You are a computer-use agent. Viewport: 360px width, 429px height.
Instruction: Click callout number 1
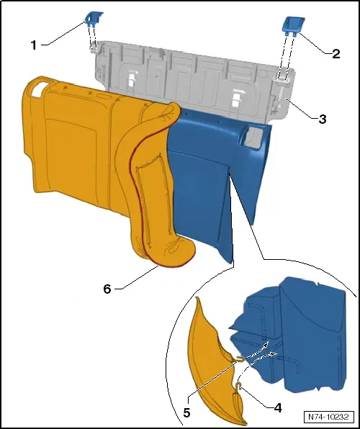34,45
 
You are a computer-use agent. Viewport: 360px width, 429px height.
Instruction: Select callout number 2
336,53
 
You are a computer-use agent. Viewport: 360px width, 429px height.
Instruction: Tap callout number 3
323,119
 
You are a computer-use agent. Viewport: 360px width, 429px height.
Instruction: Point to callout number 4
278,408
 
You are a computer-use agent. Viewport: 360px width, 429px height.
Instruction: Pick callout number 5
186,412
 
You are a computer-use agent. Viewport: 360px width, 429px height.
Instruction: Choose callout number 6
107,289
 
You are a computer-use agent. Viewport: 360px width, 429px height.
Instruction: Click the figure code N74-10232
328,417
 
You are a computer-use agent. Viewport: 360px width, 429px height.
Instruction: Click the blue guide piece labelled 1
94,18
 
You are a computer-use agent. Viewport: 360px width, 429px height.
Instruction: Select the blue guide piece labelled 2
293,25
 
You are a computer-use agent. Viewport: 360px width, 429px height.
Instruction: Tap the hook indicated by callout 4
240,386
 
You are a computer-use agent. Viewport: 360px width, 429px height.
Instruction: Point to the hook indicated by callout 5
240,359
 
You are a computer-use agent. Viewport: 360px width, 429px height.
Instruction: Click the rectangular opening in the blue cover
254,137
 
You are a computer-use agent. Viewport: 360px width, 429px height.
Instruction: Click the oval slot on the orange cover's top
104,97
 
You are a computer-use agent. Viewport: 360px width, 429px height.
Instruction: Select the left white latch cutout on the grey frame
132,78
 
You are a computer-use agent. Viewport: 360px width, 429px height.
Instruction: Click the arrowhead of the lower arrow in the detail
273,354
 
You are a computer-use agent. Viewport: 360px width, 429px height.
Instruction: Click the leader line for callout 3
301,109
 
